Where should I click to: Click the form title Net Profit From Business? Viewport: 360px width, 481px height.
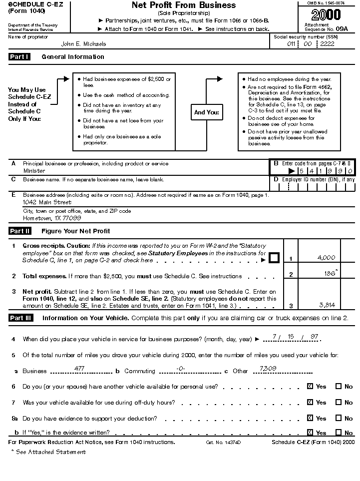pyautogui.click(x=184, y=5)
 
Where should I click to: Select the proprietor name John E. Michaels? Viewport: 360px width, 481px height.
pyautogui.click(x=83, y=44)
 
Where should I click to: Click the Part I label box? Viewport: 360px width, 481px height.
pyautogui.click(x=19, y=57)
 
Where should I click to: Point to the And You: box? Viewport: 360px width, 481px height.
pyautogui.click(x=206, y=112)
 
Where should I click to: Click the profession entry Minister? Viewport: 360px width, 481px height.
pyautogui.click(x=34, y=171)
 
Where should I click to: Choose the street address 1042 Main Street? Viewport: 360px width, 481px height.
pyautogui.click(x=47, y=203)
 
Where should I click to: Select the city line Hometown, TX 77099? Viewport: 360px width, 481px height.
pyautogui.click(x=52, y=219)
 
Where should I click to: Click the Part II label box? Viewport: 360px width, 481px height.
pyautogui.click(x=20, y=231)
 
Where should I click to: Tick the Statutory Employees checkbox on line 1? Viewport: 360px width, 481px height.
pyautogui.click(x=274, y=258)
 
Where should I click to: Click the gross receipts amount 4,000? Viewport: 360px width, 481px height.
pyautogui.click(x=326, y=258)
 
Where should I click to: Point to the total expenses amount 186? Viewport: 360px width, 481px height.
pyautogui.click(x=330, y=274)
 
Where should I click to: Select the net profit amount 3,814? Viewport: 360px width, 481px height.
pyautogui.click(x=327, y=305)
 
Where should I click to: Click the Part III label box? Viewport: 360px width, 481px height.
pyautogui.click(x=20, y=318)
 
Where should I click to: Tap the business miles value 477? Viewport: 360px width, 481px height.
pyautogui.click(x=79, y=368)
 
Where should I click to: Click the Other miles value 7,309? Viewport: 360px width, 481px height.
pyautogui.click(x=262, y=369)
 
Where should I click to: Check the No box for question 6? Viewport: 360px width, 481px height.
pyautogui.click(x=339, y=387)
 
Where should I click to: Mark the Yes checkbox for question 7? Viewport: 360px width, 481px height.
pyautogui.click(x=310, y=403)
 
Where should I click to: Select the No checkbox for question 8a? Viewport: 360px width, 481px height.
pyautogui.click(x=339, y=419)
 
